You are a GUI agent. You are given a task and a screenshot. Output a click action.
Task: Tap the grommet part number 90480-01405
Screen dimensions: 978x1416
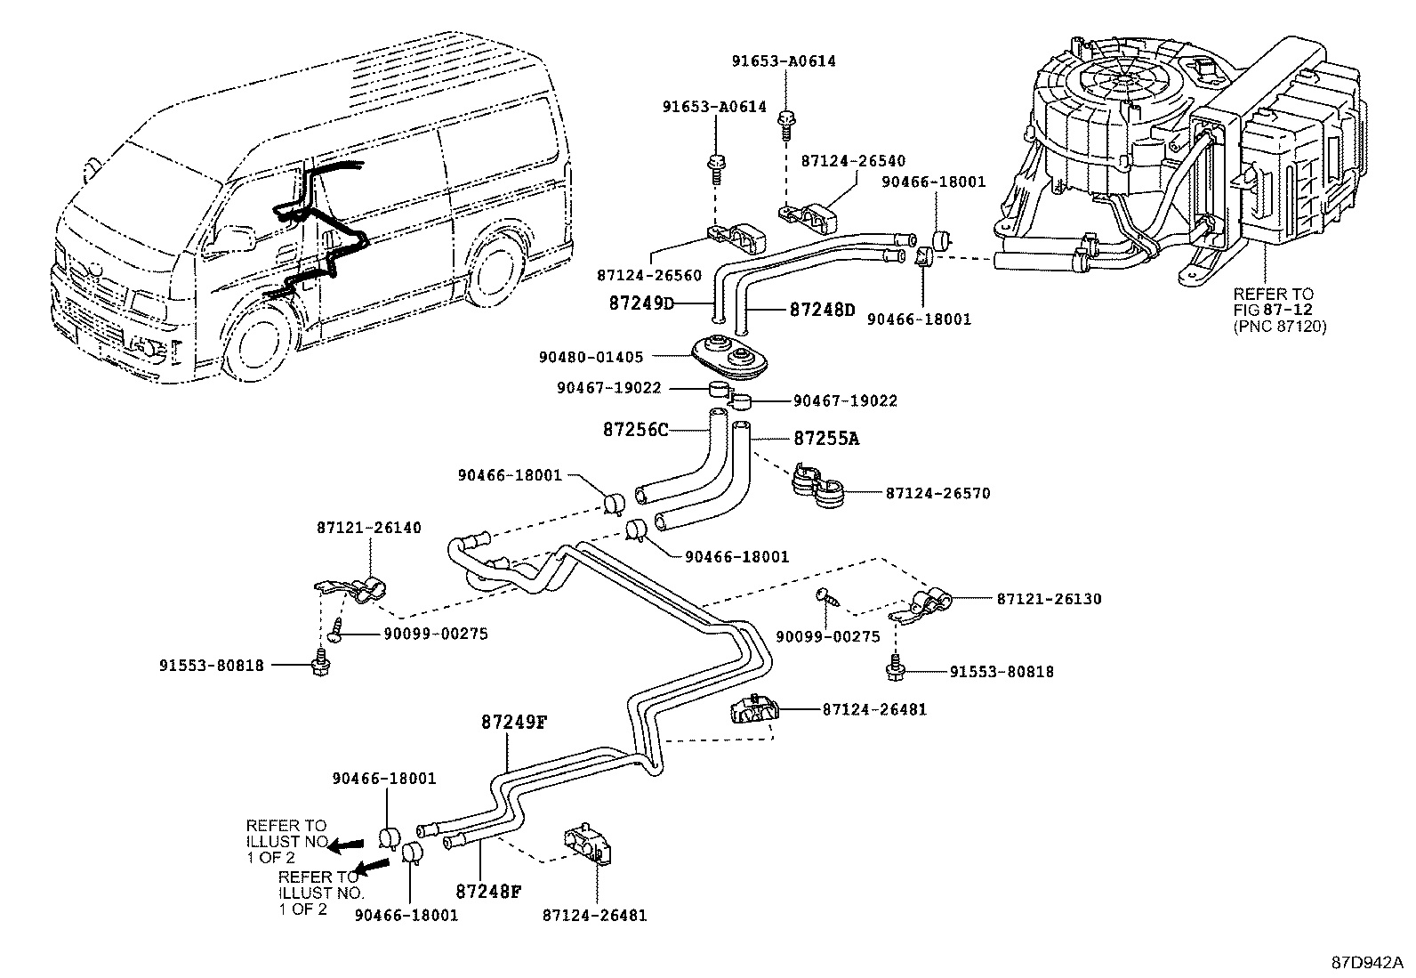[x=591, y=357]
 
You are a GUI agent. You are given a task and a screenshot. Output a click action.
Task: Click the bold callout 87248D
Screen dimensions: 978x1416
[x=822, y=311]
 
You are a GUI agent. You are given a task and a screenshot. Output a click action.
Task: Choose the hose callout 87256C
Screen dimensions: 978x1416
[x=635, y=430]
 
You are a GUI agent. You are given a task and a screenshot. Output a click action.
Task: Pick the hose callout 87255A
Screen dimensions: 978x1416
[x=826, y=439]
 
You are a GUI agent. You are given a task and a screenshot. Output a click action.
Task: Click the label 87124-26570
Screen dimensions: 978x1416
[x=937, y=492]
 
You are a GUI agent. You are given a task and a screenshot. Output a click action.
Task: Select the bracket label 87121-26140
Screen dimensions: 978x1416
[x=368, y=528]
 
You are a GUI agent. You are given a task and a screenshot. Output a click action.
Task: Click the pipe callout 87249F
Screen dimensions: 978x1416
[x=513, y=723]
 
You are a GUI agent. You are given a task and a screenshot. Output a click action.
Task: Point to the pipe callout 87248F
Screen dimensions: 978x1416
[x=488, y=889]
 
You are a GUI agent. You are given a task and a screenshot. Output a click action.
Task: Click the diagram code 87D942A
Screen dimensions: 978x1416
[x=1366, y=963]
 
